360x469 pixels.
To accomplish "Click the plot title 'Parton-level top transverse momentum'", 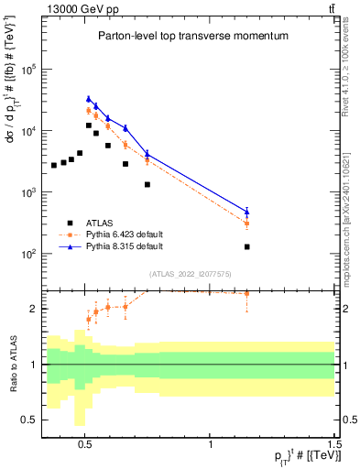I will [x=192, y=36].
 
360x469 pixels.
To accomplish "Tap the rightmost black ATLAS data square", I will [x=247, y=246].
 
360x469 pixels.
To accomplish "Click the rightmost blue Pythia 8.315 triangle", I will [x=247, y=212].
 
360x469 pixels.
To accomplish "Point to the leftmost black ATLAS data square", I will [x=54, y=165].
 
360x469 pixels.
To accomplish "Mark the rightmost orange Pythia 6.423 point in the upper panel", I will [x=247, y=224].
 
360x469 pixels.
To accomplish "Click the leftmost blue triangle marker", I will [x=89, y=99].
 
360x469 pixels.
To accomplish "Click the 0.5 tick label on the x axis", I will [x=85, y=440].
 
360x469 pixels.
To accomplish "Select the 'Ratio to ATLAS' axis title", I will [x=12, y=364].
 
